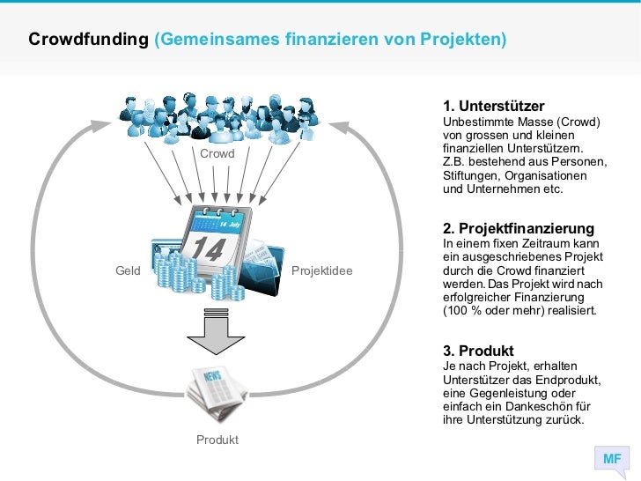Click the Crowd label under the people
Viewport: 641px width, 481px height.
tap(217, 154)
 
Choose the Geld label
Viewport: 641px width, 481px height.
tap(129, 270)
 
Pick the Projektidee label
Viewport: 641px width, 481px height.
tap(321, 270)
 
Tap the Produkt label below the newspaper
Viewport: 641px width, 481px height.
tap(217, 440)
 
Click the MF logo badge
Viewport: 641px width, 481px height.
tap(612, 459)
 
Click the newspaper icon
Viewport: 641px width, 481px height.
tap(217, 395)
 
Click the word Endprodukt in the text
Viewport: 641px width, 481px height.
tap(571, 380)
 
